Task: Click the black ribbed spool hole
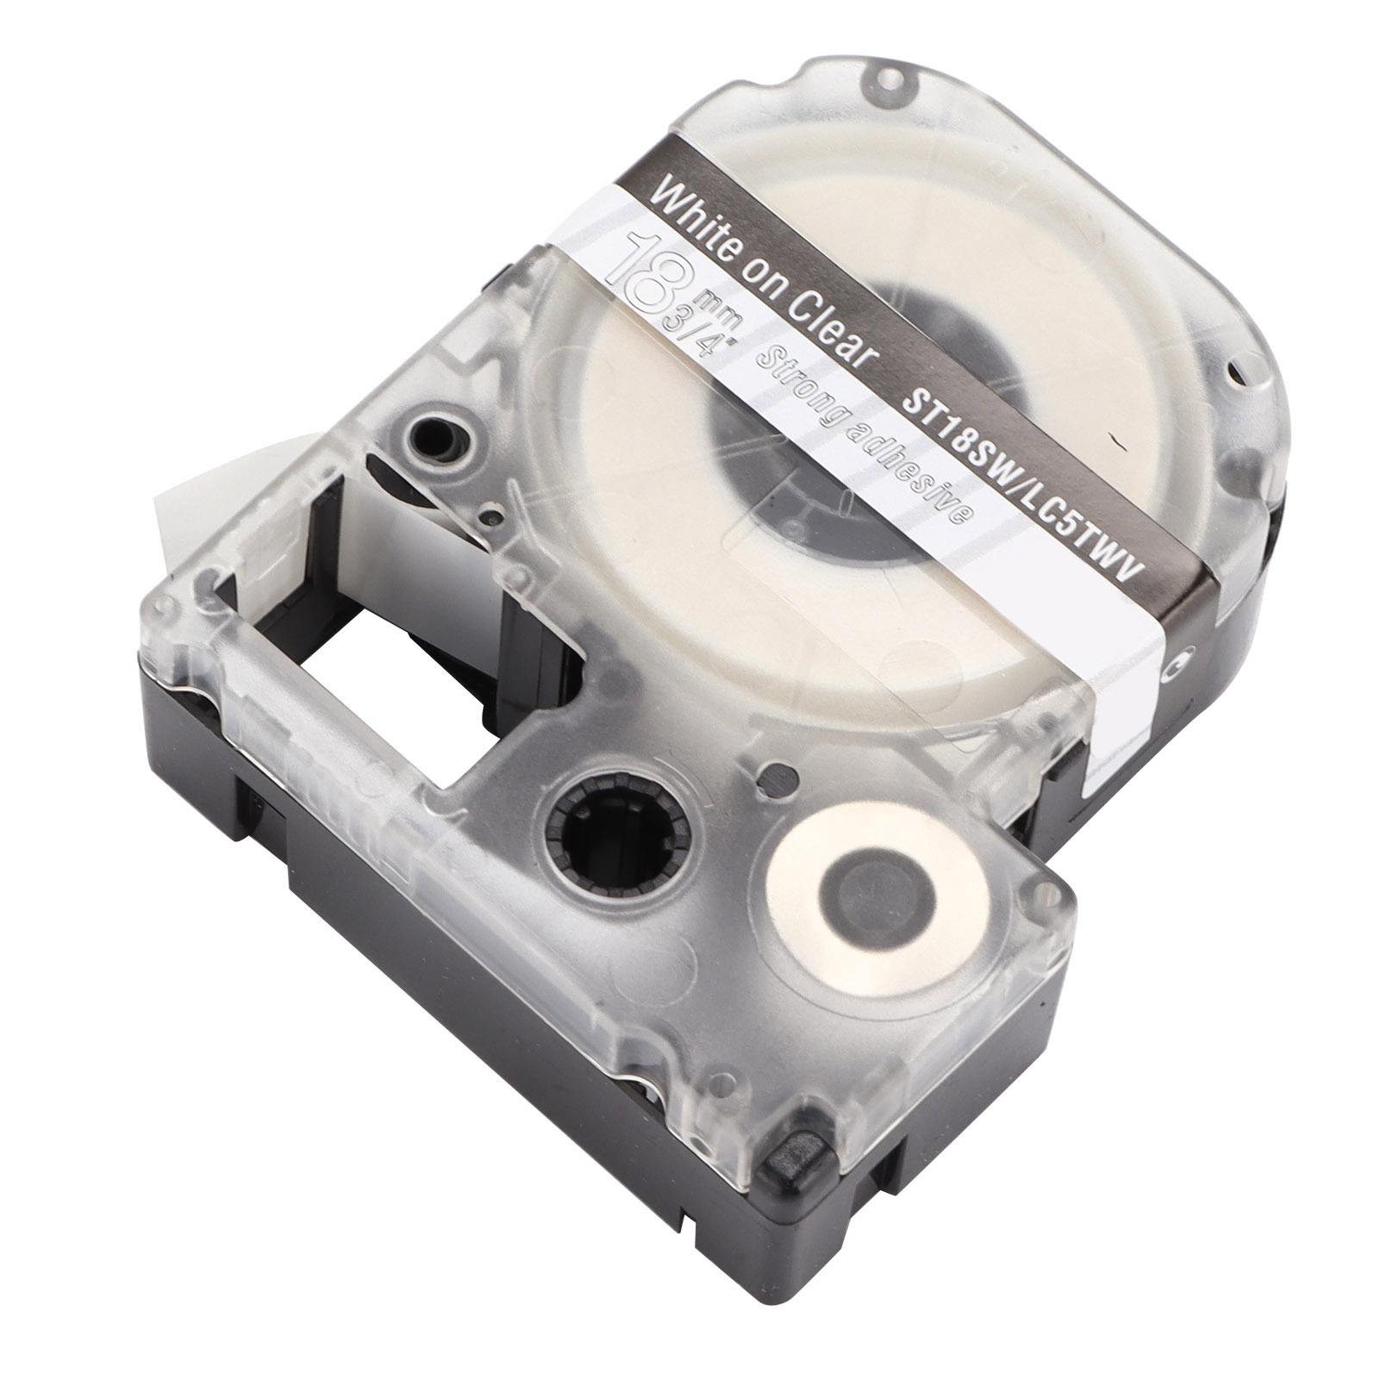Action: click(x=616, y=828)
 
